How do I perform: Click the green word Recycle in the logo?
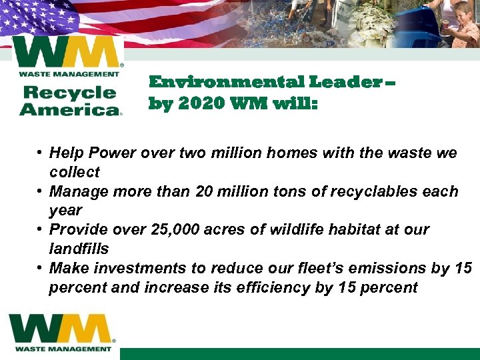[69, 93]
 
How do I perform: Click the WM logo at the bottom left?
[62, 332]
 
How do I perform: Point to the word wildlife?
[297, 229]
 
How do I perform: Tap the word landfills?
[79, 248]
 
